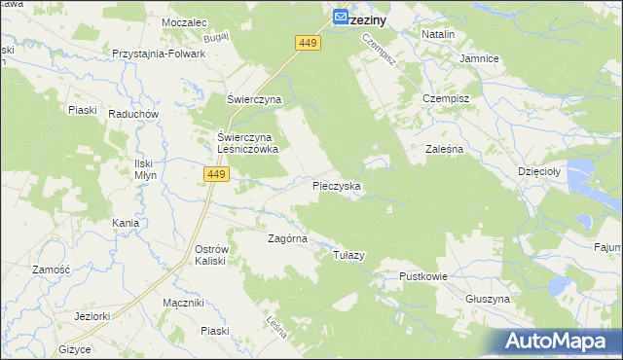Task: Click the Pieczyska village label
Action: coord(337,185)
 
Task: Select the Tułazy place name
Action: coord(348,255)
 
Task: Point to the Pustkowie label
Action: coord(422,276)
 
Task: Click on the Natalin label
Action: coord(438,34)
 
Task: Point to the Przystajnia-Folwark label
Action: coord(159,54)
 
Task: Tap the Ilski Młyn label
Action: coord(144,169)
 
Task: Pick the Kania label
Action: coord(125,223)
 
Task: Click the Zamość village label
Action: coord(50,270)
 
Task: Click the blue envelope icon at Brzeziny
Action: coord(341,17)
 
